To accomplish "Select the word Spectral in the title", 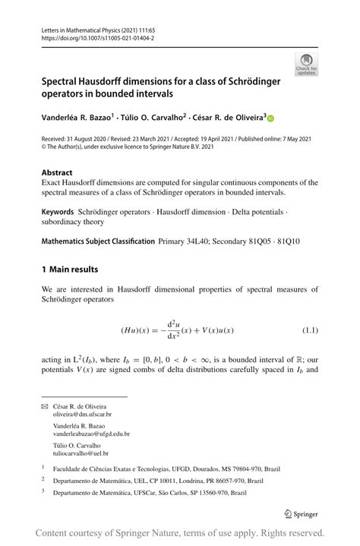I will pyautogui.click(x=65, y=80).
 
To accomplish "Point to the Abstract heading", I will pyautogui.click(x=57, y=173).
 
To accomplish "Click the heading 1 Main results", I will pyautogui.click(x=70, y=269).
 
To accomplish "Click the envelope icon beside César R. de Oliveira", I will pyautogui.click(x=44, y=406).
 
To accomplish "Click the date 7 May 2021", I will pyautogui.click(x=297, y=139).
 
